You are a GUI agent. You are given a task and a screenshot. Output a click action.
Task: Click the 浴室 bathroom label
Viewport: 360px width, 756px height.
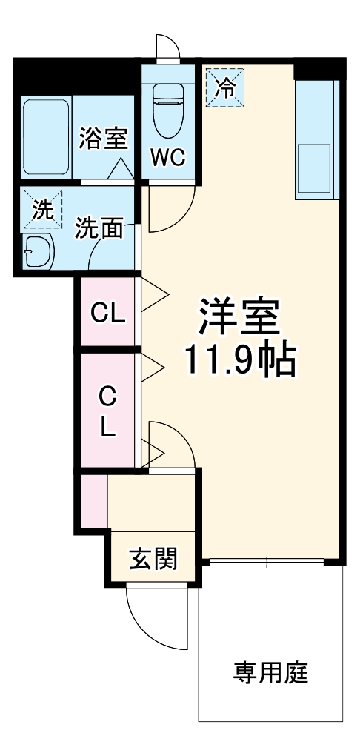(x=104, y=139)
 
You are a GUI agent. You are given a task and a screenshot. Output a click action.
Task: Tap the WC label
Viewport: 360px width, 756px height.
(x=169, y=157)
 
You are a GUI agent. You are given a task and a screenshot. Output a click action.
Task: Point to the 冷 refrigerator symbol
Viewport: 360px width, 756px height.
(x=224, y=87)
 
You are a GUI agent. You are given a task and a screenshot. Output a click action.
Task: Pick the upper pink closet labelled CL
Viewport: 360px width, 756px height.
(x=108, y=313)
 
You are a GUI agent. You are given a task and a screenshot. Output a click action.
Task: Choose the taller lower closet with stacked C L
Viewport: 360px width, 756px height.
(x=108, y=412)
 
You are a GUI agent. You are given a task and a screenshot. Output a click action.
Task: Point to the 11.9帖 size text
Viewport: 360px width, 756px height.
(x=239, y=361)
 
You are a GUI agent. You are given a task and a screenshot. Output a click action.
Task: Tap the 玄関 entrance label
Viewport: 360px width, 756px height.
(x=154, y=559)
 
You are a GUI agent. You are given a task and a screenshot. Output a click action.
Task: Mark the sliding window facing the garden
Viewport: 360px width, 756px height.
(x=271, y=562)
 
